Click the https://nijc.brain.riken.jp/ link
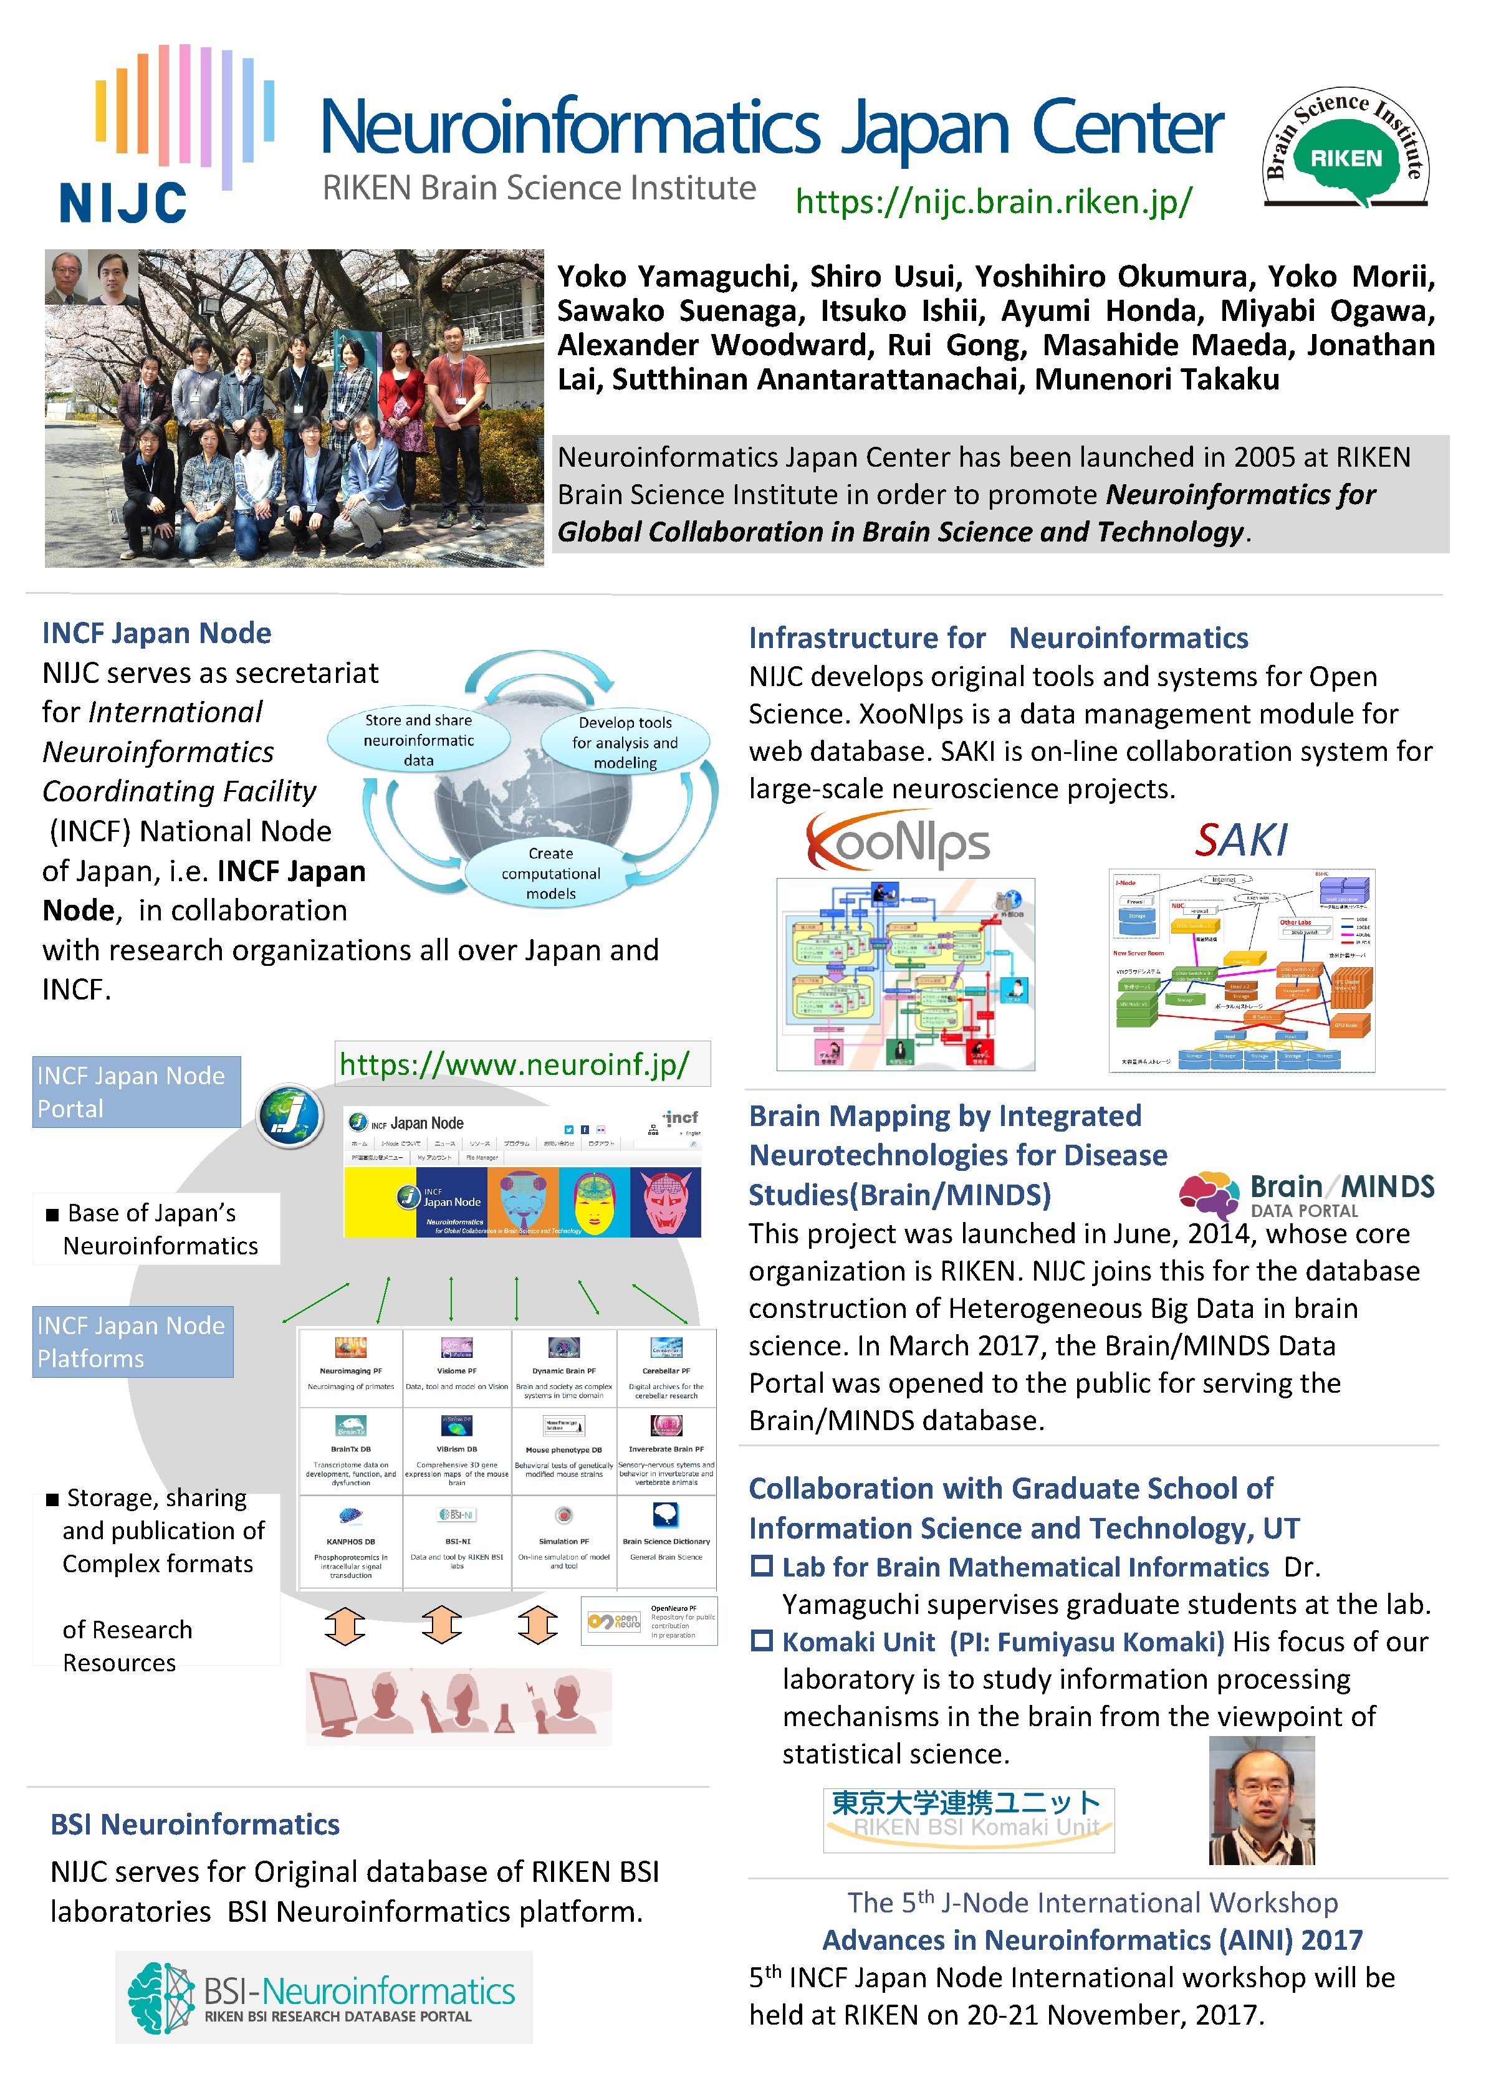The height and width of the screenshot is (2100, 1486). pos(994,201)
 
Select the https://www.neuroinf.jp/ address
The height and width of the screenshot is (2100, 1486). pos(514,1064)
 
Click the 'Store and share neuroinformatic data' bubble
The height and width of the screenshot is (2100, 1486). pos(418,739)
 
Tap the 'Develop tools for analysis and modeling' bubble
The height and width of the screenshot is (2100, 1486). pos(625,742)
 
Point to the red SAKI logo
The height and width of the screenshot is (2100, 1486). pos(1241,839)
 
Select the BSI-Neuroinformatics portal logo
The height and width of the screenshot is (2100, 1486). pos(324,1997)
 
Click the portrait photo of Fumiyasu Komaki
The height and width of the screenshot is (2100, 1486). pos(1262,1800)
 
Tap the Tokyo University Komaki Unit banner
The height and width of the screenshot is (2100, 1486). pos(968,1819)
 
